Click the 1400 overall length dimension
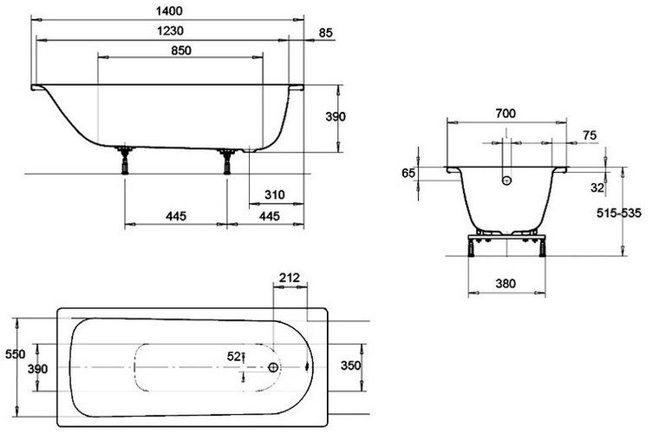(169, 10)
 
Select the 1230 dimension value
(170, 30)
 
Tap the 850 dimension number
(181, 50)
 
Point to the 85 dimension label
(326, 32)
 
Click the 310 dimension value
(275, 194)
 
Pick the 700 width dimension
(505, 113)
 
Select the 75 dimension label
(590, 135)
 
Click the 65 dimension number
(408, 173)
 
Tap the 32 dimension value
(597, 187)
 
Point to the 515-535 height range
(619, 213)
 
